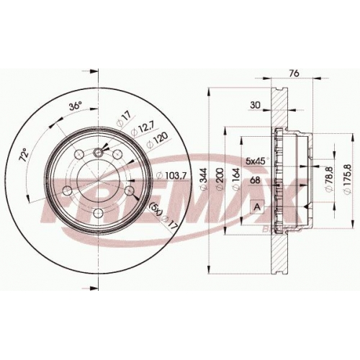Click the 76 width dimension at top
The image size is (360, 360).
pyautogui.click(x=294, y=73)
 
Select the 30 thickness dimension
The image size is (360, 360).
pyautogui.click(x=256, y=105)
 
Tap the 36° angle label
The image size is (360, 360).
pyautogui.click(x=76, y=106)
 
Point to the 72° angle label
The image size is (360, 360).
pyautogui.click(x=24, y=156)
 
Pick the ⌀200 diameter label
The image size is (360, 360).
pyautogui.click(x=220, y=180)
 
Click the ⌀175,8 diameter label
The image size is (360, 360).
pyautogui.click(x=347, y=179)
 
